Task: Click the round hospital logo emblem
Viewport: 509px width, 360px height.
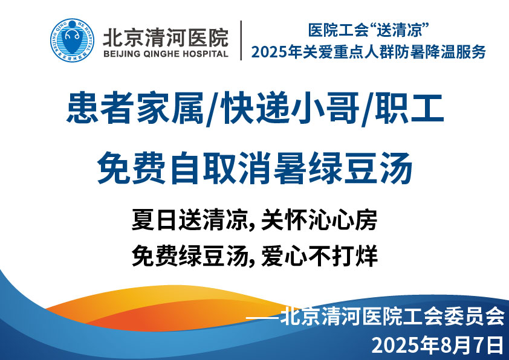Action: click(x=72, y=40)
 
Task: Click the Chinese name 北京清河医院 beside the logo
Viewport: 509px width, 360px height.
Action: click(x=166, y=37)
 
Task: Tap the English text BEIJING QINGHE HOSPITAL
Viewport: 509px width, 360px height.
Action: click(x=166, y=54)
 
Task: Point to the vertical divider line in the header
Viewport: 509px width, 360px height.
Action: click(x=241, y=40)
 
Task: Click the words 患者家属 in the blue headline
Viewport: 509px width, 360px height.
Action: click(x=135, y=108)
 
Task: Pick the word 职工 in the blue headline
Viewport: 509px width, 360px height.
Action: click(x=410, y=108)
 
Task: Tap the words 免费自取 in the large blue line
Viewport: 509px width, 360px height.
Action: click(x=166, y=168)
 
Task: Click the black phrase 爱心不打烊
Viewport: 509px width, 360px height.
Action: click(x=319, y=256)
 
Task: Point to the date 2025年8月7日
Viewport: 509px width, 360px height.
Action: click(x=438, y=345)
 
